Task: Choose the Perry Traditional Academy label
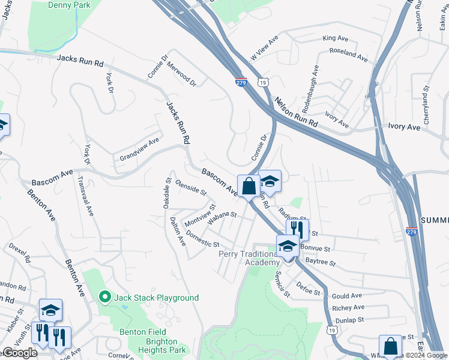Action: tap(249, 258)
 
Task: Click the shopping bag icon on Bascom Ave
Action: tap(249, 186)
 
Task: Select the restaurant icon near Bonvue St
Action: tap(297, 229)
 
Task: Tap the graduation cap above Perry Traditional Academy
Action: tap(288, 246)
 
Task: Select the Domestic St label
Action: tap(202, 239)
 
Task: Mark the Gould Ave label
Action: tap(347, 296)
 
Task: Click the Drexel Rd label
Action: tap(19, 254)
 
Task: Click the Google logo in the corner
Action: tap(19, 353)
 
